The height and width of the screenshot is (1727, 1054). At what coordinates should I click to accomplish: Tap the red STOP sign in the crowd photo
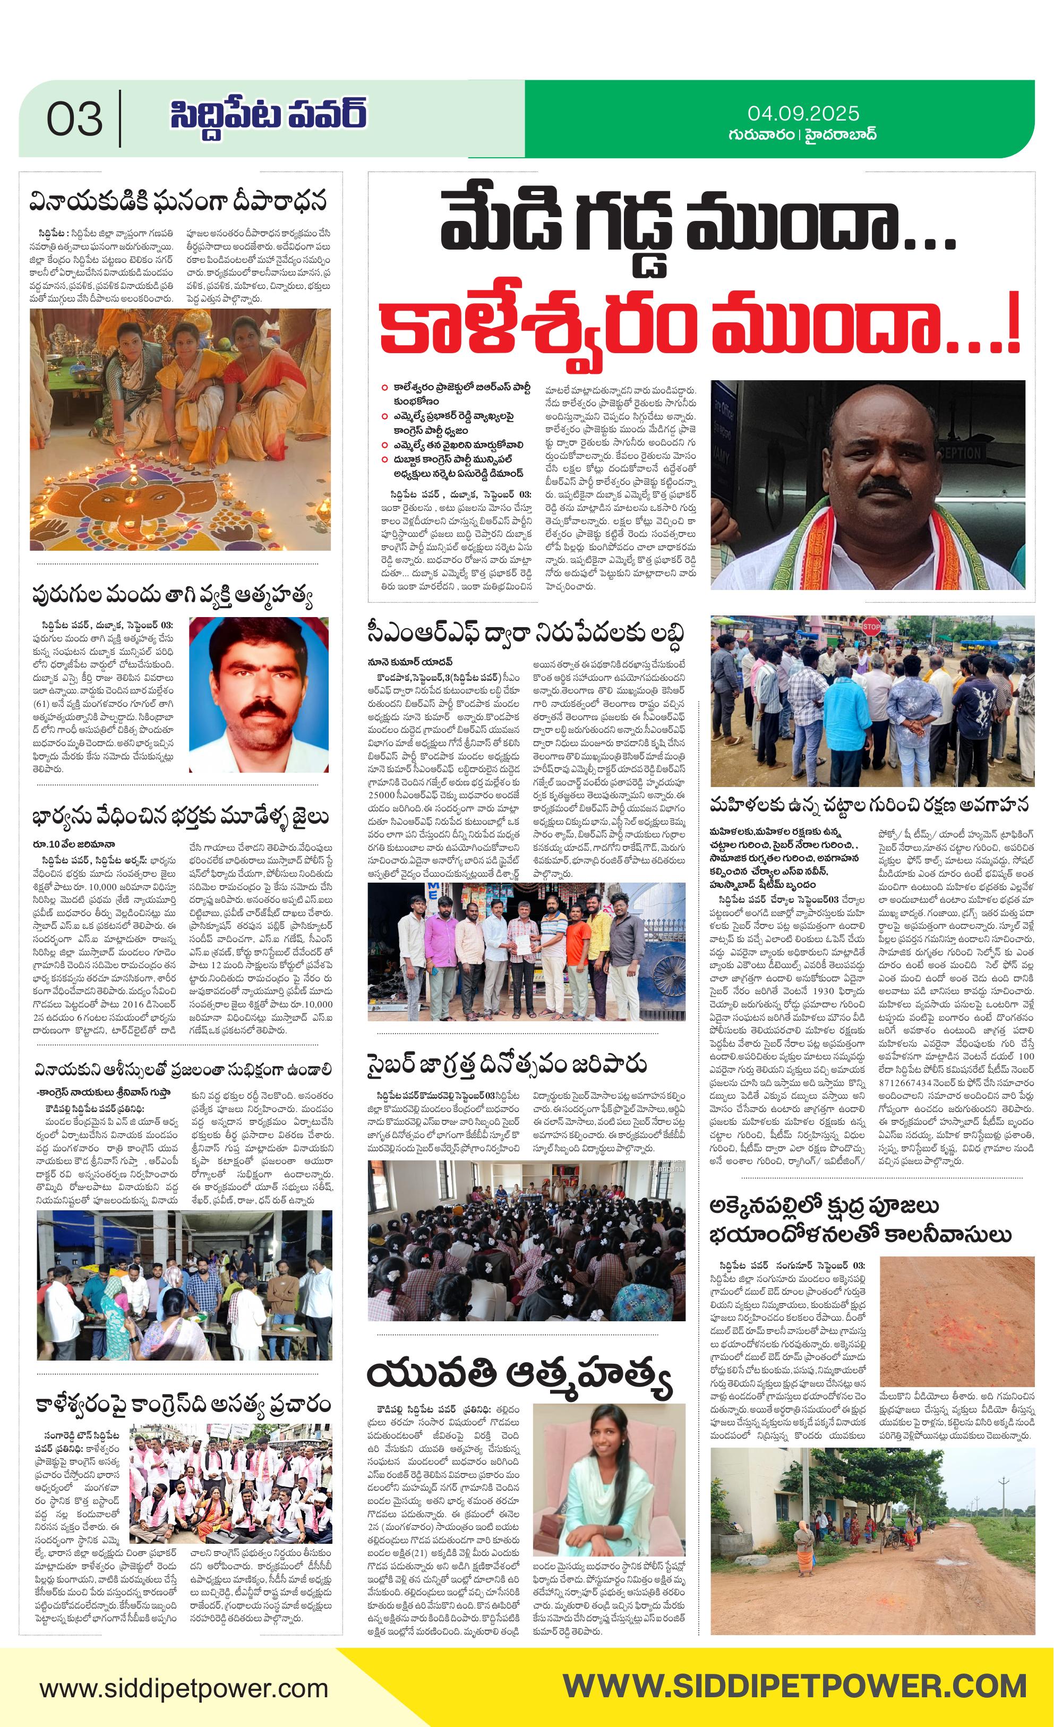pyautogui.click(x=870, y=626)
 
